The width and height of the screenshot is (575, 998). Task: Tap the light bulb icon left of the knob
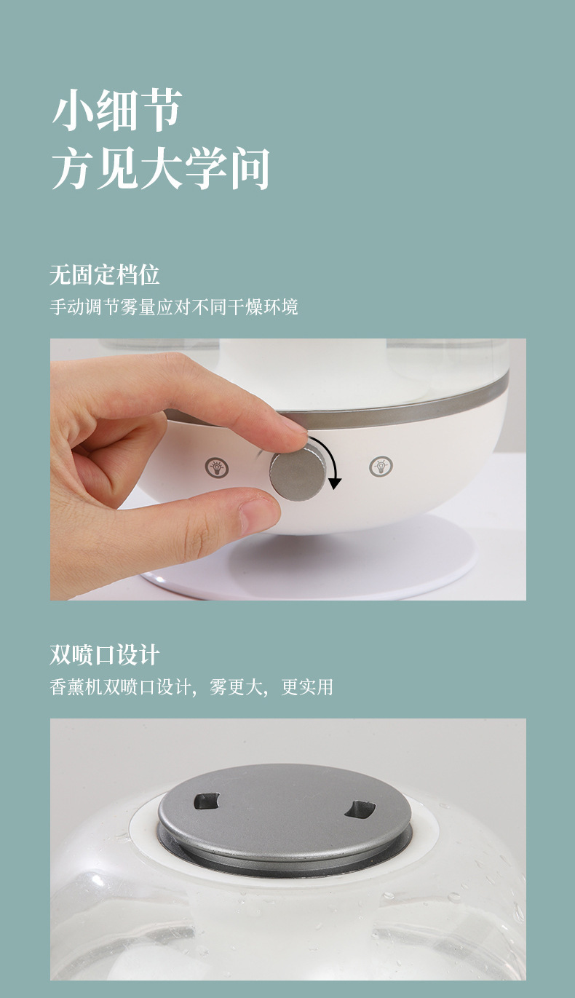click(217, 467)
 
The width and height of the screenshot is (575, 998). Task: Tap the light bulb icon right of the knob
click(381, 466)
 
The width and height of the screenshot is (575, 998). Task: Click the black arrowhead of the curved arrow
click(335, 483)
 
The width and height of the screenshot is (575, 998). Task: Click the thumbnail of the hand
click(259, 514)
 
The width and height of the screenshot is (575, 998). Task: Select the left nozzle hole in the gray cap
click(207, 801)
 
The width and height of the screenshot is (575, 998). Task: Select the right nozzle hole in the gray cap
click(360, 809)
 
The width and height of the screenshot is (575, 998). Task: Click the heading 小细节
click(116, 110)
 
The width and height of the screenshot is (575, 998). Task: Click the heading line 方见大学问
click(160, 167)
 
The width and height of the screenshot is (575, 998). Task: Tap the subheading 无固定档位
click(104, 274)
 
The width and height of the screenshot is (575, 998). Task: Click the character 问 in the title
click(248, 167)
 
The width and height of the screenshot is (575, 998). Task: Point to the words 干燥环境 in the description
click(262, 307)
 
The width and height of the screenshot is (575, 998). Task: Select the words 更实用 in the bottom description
click(307, 687)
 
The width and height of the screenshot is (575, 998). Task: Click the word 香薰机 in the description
click(76, 687)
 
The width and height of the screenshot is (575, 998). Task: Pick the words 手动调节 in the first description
click(84, 307)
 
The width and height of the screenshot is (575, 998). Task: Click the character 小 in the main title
click(73, 110)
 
